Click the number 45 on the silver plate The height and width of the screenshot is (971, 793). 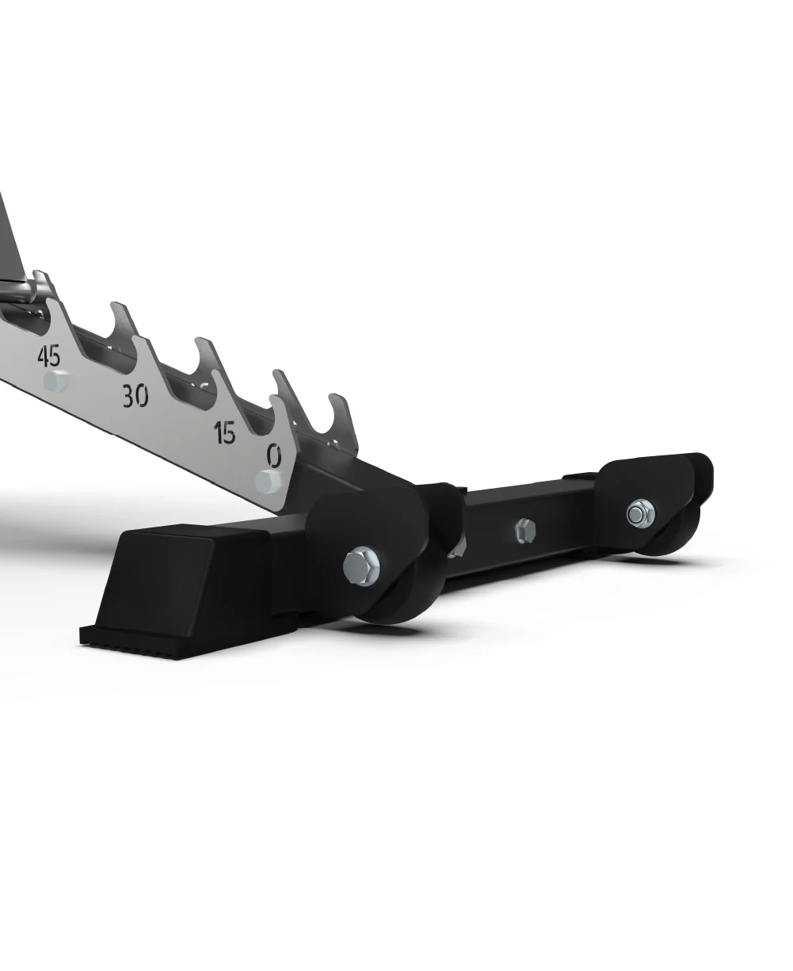pyautogui.click(x=49, y=355)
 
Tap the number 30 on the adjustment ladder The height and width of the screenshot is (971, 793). pyautogui.click(x=135, y=395)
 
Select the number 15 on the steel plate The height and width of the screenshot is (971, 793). pyautogui.click(x=225, y=432)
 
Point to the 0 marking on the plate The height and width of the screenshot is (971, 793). pyautogui.click(x=274, y=455)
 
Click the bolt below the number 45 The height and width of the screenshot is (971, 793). pyautogui.click(x=55, y=383)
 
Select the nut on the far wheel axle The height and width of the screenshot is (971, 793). pyautogui.click(x=636, y=514)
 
